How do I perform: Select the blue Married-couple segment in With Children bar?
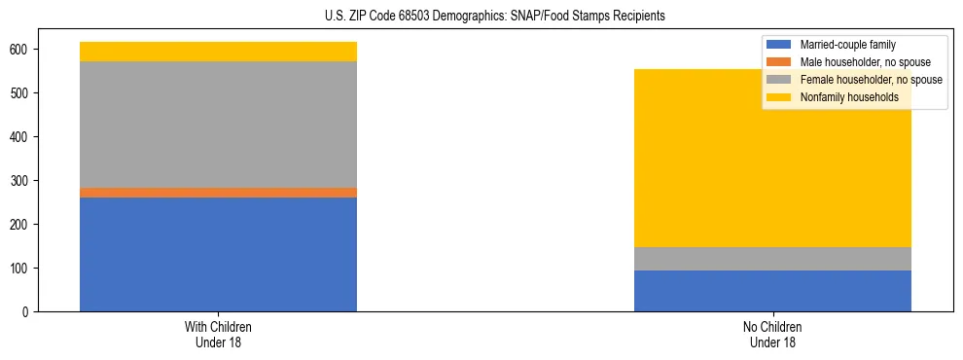[x=218, y=254]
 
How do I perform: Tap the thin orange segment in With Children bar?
[x=218, y=193]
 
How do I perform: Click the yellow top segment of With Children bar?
[x=218, y=52]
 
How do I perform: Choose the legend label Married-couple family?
[x=847, y=45]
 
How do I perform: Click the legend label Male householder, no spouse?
[x=860, y=62]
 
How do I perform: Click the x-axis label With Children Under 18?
[x=218, y=334]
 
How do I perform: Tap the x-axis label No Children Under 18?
[x=772, y=334]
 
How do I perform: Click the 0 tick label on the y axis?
[x=33, y=312]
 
